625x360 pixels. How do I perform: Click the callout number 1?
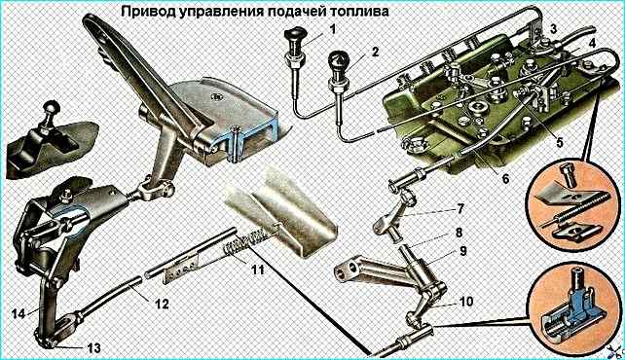point(332,29)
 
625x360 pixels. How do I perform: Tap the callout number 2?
point(374,52)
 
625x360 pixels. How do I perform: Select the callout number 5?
point(559,142)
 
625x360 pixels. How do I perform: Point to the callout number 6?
point(505,179)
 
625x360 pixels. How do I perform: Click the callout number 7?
point(460,208)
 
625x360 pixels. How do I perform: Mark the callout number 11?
point(257,270)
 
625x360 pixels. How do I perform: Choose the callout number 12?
point(161,304)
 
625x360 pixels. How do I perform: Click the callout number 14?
point(18,313)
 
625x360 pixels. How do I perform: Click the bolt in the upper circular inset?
point(568,174)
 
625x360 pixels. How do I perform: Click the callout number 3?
point(553,29)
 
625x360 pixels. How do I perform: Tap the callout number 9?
point(463,251)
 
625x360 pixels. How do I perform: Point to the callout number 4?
point(592,43)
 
